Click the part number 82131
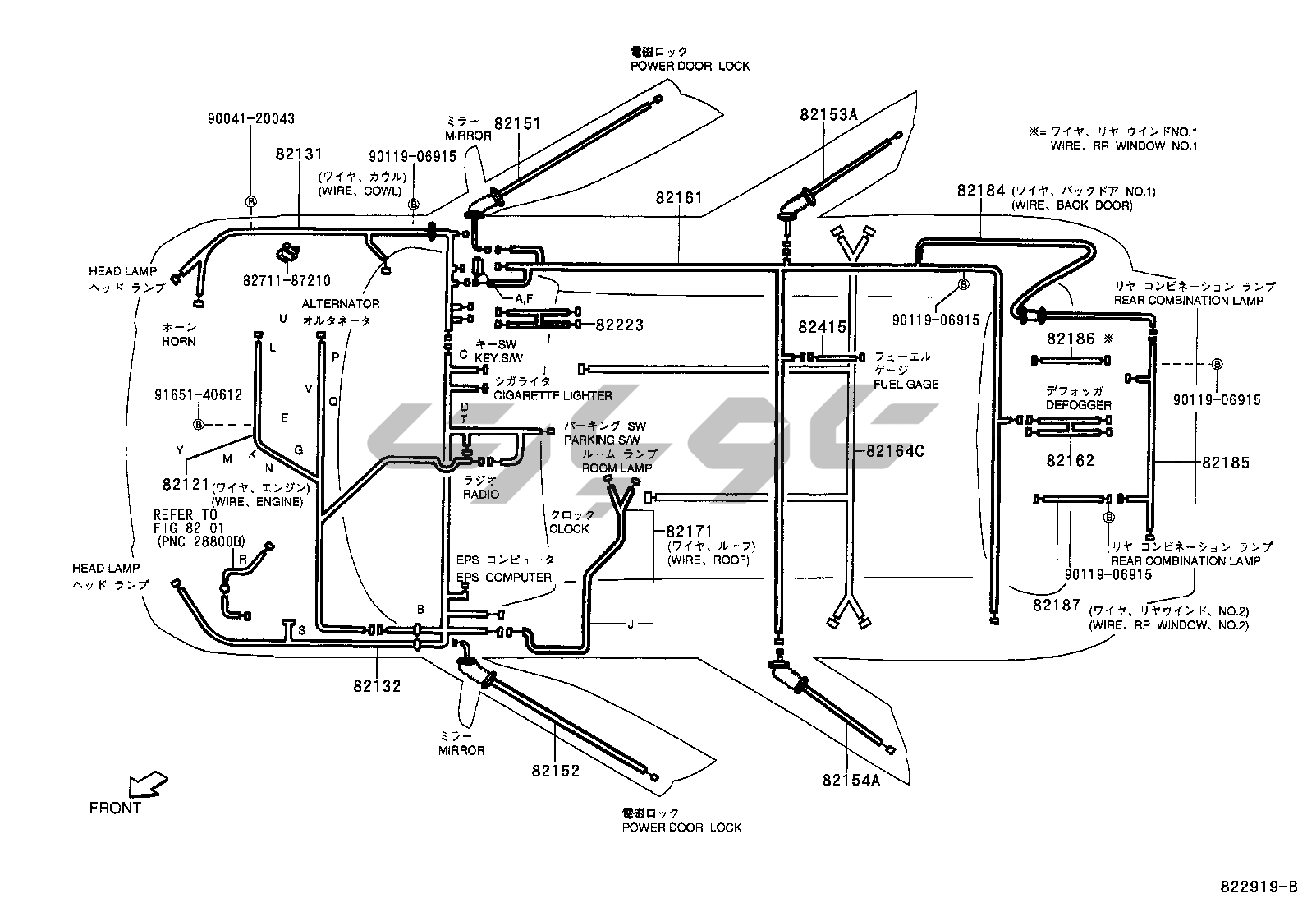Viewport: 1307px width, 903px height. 299,154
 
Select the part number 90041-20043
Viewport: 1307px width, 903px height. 250,119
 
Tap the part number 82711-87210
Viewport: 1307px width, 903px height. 287,281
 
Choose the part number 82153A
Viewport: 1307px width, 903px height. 828,115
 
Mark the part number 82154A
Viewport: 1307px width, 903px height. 851,780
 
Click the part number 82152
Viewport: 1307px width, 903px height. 555,771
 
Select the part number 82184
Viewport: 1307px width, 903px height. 981,191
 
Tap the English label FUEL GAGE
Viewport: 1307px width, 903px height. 906,384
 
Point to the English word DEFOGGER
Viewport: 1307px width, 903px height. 1079,405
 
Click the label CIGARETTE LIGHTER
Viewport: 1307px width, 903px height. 553,395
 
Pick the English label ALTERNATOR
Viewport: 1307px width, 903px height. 341,304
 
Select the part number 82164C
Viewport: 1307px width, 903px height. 895,451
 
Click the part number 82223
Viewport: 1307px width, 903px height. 620,325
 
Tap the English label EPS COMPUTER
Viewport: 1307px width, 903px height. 504,577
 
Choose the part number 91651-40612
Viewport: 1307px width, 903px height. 198,395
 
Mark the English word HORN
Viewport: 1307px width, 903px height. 179,341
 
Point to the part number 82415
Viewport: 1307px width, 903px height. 822,327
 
